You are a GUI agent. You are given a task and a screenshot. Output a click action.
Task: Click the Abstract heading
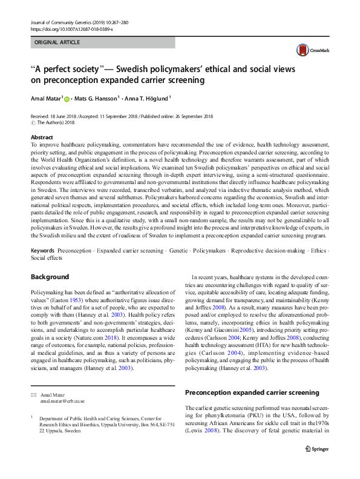pyautogui.click(x=42, y=137)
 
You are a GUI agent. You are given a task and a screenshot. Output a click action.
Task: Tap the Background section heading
pyautogui.click(x=50, y=277)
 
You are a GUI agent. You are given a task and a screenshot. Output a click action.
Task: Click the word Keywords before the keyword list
pyautogui.click(x=44, y=251)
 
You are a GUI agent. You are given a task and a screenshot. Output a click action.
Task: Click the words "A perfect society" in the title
pyautogui.click(x=68, y=68)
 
